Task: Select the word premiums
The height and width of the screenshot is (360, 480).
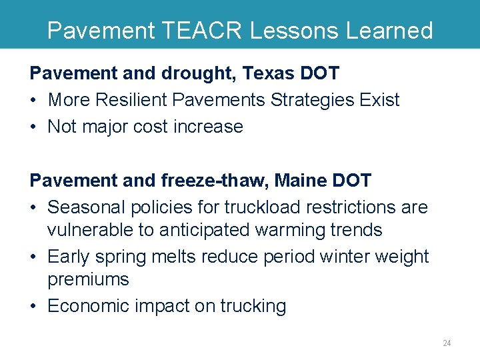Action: point(88,279)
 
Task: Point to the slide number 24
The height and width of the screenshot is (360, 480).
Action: point(447,343)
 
